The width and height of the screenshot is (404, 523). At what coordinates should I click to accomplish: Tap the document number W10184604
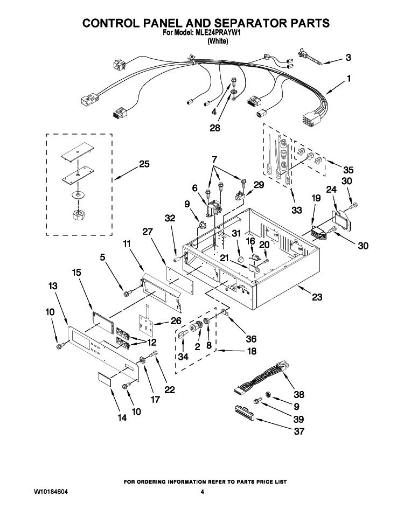point(51,492)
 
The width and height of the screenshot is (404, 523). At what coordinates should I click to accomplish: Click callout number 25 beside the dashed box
point(144,164)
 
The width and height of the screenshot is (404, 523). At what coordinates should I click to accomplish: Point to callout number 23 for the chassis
point(317,297)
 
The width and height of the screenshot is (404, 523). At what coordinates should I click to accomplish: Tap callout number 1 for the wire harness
point(349,79)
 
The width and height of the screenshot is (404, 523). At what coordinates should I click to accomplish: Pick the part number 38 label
point(299,394)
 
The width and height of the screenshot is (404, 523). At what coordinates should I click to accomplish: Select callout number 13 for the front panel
point(53,286)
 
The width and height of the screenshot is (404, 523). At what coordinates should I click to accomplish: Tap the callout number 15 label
point(76,273)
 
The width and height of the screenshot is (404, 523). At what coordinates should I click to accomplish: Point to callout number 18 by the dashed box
point(252,351)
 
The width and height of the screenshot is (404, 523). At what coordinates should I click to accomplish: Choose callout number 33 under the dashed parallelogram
point(297,210)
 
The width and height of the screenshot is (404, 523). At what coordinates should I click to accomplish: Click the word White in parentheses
point(218,41)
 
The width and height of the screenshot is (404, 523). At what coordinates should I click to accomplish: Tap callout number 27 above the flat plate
point(148,232)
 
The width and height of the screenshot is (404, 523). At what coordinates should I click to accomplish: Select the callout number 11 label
point(127,244)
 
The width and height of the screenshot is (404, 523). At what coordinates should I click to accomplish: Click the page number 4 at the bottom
point(202,492)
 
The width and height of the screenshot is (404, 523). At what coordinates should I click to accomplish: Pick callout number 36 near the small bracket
point(251,339)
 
